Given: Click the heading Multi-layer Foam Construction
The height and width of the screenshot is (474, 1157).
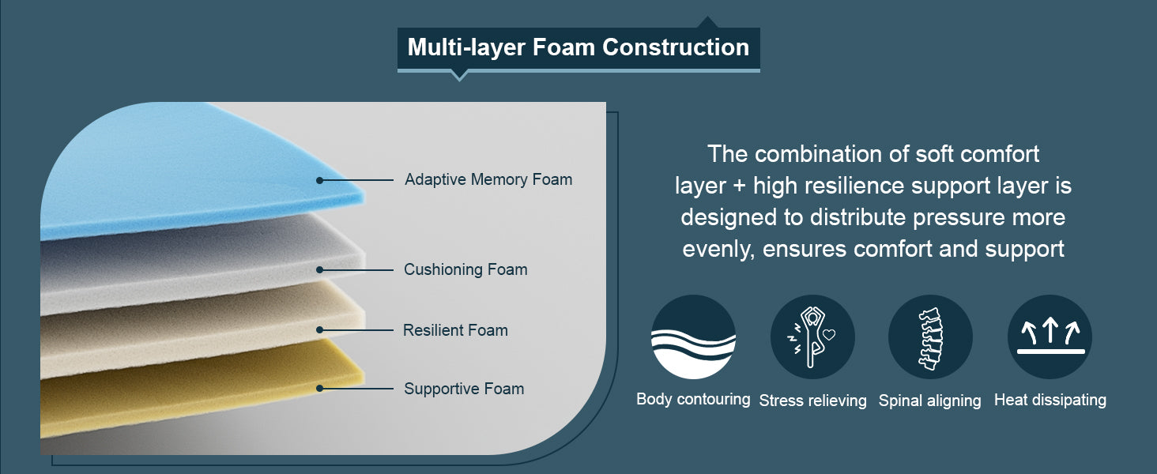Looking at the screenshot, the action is [x=578, y=47].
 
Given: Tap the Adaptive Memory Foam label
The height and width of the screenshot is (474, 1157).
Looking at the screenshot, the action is [x=488, y=179].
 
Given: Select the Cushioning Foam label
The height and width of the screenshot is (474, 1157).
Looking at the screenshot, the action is [x=465, y=269].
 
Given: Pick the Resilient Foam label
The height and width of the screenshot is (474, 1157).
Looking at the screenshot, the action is [x=455, y=330].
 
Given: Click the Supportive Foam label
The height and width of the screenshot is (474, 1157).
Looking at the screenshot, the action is [x=464, y=389].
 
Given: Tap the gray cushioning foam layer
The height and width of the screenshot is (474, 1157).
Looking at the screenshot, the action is [x=196, y=263].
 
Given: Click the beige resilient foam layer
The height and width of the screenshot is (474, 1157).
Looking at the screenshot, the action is [x=196, y=328].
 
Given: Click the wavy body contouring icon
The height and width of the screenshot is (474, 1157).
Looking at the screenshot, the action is [x=693, y=337].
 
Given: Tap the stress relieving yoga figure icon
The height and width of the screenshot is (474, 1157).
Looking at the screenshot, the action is [x=812, y=337].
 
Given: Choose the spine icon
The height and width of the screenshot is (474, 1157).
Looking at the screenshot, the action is [x=930, y=337].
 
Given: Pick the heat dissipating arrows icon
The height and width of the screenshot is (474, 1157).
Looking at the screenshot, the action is [x=1050, y=337].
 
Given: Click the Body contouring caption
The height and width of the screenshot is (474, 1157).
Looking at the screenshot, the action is [x=693, y=399].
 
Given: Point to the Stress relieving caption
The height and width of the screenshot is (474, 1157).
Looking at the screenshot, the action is [x=812, y=401].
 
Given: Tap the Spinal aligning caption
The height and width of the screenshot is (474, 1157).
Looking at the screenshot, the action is [x=929, y=401].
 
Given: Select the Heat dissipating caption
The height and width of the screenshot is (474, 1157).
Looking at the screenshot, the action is [x=1050, y=400].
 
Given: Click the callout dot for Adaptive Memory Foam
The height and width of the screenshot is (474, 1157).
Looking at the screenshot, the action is [x=320, y=180].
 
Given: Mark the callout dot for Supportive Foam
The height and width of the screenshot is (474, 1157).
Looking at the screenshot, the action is [x=320, y=389].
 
